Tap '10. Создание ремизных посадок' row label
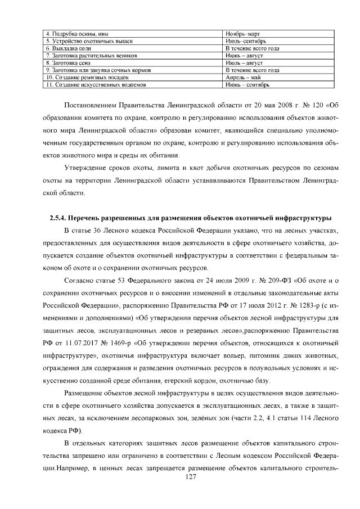87,78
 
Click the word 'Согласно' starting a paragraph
80,280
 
